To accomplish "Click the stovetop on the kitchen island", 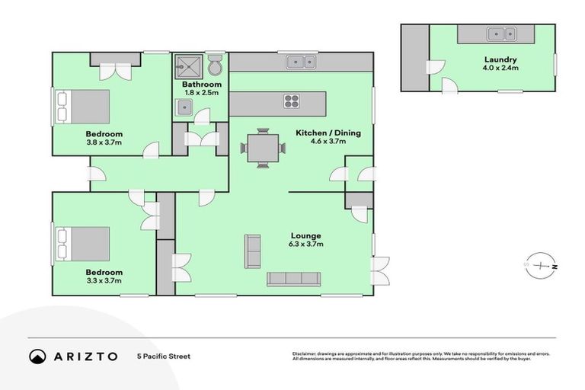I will coord(292,101).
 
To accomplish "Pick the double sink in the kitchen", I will coord(301,62).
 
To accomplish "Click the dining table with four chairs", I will coord(263,146).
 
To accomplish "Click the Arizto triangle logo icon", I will coord(37,356).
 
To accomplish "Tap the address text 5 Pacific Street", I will coord(163,356).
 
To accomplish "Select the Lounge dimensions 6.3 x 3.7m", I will coord(305,245).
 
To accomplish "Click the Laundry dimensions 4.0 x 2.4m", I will coord(500,69).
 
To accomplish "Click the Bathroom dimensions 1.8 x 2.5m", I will coord(202,93).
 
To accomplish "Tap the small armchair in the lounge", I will coord(252,251).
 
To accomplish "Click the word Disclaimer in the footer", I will coord(306,354).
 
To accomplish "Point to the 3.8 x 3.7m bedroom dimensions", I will coord(104,142).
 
